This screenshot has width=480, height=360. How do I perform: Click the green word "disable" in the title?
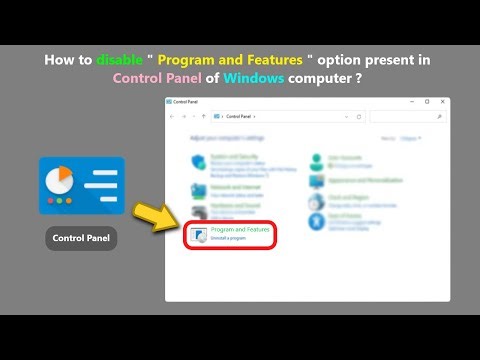(120, 60)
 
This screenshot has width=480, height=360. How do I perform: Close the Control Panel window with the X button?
(441, 102)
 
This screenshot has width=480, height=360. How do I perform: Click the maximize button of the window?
(427, 102)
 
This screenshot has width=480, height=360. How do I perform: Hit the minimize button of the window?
(413, 102)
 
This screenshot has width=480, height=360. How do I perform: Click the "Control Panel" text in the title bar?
(186, 102)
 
